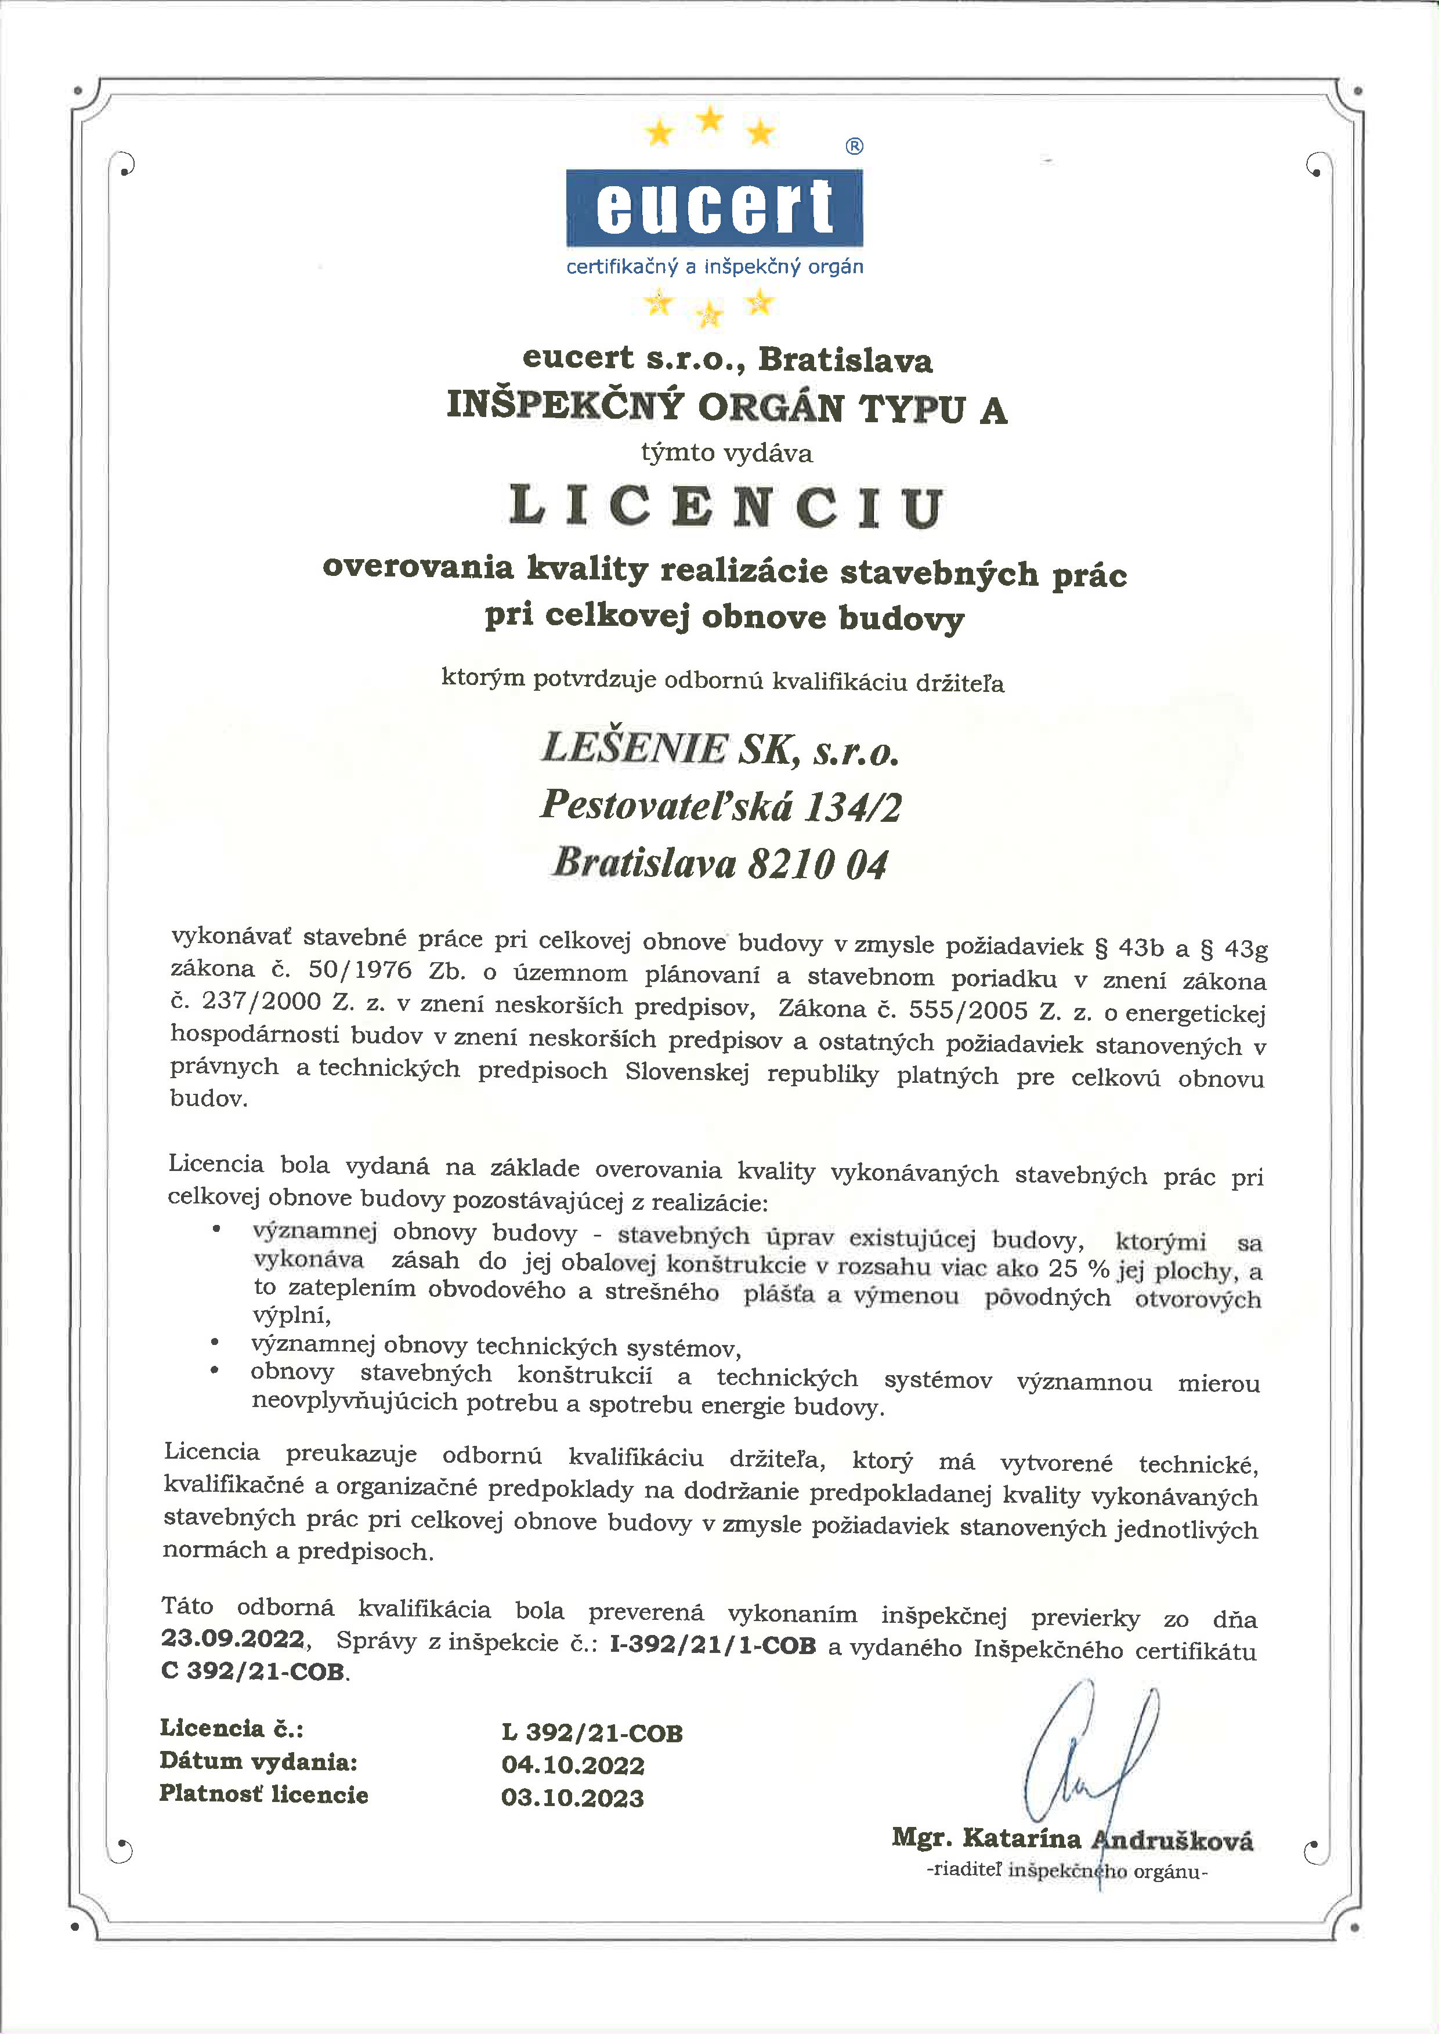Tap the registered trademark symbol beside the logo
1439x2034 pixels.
854,146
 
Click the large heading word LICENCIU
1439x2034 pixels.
726,507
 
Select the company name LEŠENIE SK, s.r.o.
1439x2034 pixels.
719,749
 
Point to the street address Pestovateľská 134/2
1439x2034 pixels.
721,806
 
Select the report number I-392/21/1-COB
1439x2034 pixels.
713,1645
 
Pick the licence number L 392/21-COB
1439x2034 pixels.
592,1733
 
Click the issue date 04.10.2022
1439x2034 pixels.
573,1765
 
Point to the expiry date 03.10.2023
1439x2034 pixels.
573,1797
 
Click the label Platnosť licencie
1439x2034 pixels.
263,1794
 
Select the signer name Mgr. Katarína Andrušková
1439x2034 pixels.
1072,1839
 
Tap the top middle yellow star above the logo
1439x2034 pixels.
710,119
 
